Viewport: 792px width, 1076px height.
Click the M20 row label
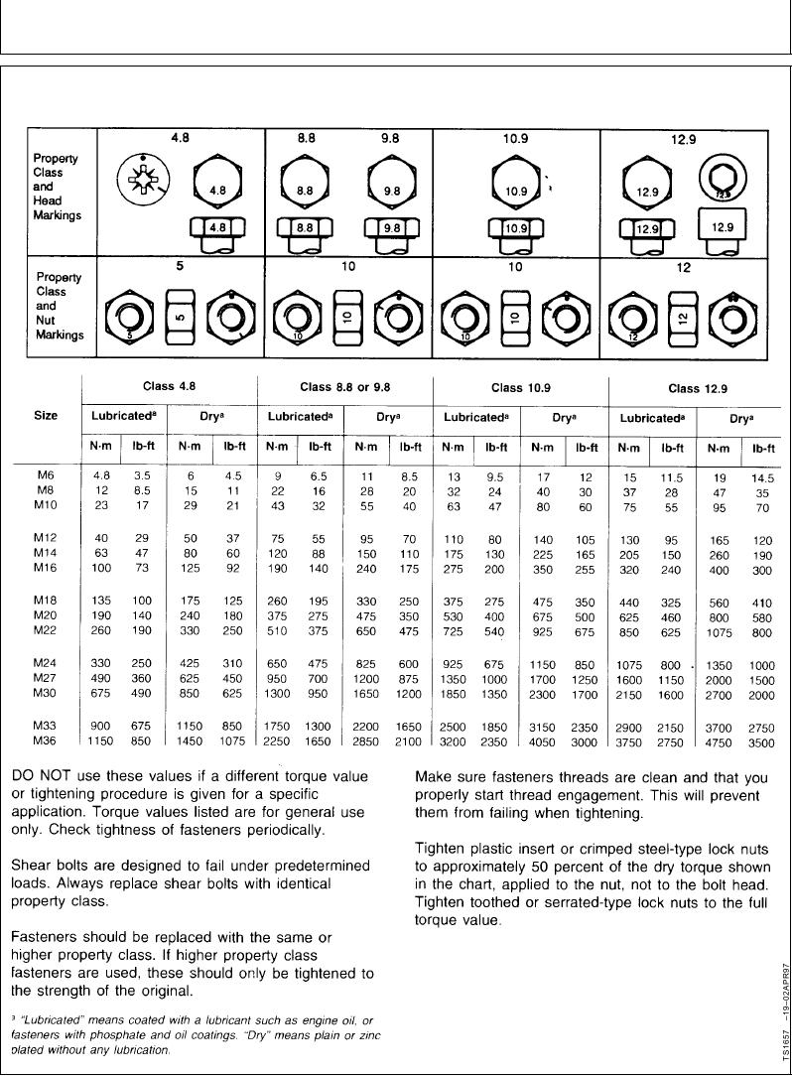pos(46,616)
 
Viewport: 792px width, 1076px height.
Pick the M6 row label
pos(46,475)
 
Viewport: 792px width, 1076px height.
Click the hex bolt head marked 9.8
pos(389,189)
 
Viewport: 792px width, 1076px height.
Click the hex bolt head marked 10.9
pos(514,189)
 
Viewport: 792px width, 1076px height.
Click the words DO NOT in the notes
pos(39,776)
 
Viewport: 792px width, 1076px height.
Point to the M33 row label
pos(46,726)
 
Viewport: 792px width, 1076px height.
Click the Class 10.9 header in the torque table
pos(520,388)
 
